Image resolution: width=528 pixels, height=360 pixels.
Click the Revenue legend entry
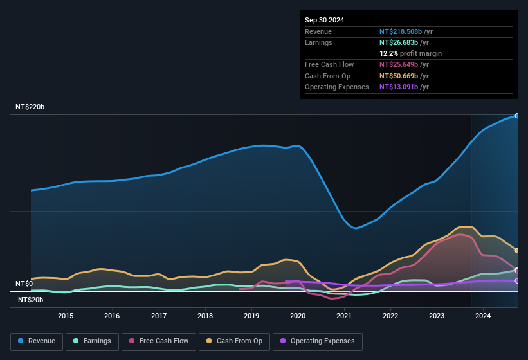[37, 341]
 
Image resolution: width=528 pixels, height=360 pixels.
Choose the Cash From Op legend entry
[235, 341]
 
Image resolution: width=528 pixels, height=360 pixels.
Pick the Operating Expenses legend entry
[318, 341]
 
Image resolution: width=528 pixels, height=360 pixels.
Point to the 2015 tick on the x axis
[66, 316]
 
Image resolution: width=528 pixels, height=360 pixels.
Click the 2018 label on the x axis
[205, 316]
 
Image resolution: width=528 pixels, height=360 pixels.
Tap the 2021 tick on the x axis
[344, 316]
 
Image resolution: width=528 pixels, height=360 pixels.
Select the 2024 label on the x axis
[483, 316]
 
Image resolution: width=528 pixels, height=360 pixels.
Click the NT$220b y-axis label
[30, 107]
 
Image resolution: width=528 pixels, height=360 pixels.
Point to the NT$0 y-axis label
[24, 283]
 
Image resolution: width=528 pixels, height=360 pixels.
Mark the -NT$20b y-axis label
[29, 300]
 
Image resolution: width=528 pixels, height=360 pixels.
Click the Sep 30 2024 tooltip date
[324, 20]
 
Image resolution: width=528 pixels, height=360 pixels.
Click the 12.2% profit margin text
[410, 53]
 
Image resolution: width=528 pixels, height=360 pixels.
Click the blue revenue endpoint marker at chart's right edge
[517, 116]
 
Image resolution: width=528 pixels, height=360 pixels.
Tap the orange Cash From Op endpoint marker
[517, 251]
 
